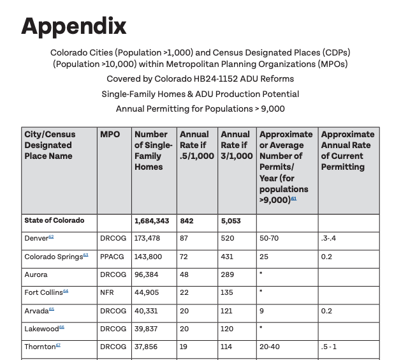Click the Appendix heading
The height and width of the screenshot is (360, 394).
(x=74, y=26)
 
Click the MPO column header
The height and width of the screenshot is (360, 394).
(x=110, y=135)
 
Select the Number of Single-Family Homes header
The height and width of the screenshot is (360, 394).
(x=151, y=151)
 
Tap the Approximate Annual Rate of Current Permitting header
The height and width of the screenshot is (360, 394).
(x=347, y=151)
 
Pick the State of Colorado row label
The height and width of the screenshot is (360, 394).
(x=54, y=221)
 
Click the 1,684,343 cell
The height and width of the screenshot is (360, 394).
(x=152, y=221)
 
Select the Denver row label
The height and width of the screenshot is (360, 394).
(x=37, y=238)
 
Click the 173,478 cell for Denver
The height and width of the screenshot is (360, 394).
(x=147, y=238)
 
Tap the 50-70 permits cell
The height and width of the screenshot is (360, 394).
(x=269, y=238)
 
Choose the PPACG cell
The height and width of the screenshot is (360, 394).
(x=113, y=257)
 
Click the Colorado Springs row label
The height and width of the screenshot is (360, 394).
(x=54, y=257)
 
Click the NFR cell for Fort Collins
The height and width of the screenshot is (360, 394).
(x=107, y=292)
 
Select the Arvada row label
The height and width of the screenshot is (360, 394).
(x=36, y=311)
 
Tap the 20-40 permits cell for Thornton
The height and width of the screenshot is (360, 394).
(x=270, y=347)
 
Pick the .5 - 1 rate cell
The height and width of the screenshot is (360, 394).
(x=329, y=347)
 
